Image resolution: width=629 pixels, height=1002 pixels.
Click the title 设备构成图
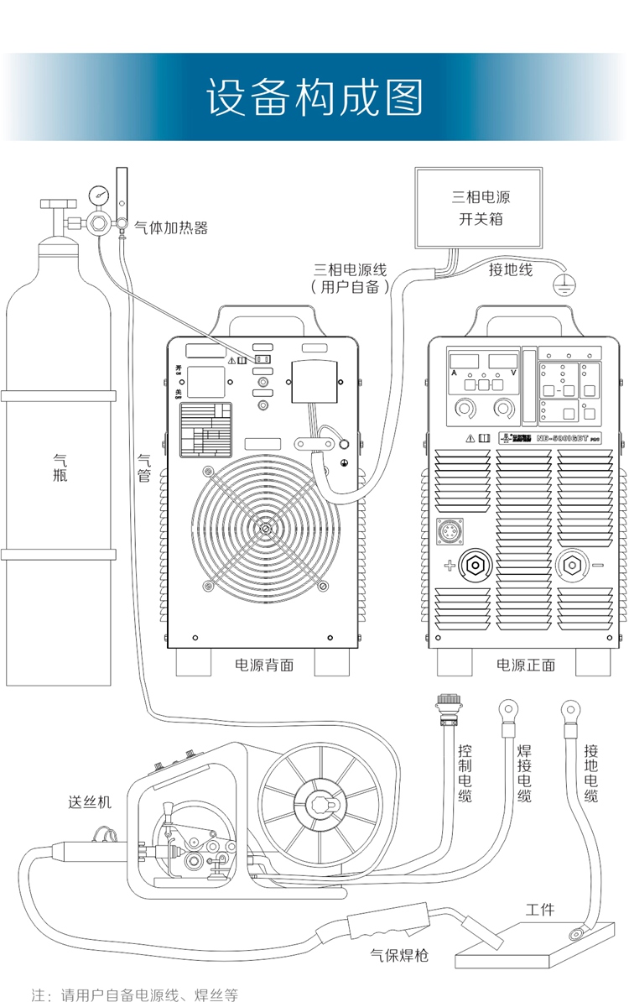point(314,98)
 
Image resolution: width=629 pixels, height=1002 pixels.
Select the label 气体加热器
point(171,227)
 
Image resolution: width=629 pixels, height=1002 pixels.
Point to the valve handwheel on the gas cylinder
point(57,203)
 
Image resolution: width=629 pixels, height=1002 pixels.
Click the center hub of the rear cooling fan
point(265,530)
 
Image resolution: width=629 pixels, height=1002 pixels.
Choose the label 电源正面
point(526,665)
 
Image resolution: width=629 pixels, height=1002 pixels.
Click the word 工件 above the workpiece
point(540,911)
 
